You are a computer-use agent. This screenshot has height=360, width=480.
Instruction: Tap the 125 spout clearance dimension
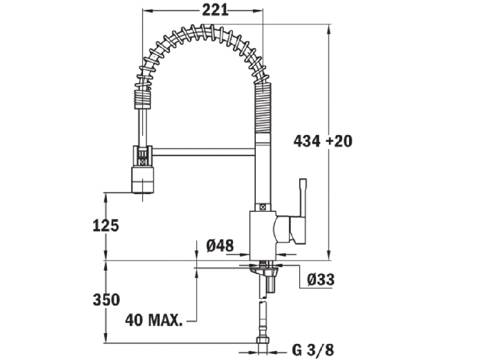tap(105, 226)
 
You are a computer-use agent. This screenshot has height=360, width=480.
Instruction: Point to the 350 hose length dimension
tap(105, 299)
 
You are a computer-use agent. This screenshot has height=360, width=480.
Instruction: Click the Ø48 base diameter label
tap(220, 246)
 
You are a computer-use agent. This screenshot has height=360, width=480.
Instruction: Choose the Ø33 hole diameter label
tap(320, 280)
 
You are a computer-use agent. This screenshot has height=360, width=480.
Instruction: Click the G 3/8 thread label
tap(314, 349)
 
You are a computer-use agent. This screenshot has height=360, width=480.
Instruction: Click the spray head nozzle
tap(144, 180)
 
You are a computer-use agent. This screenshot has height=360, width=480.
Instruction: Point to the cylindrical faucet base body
tap(263, 235)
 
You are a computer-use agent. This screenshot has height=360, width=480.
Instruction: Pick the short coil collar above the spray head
tap(143, 97)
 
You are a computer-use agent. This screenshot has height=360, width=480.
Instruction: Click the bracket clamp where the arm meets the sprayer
tap(143, 153)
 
